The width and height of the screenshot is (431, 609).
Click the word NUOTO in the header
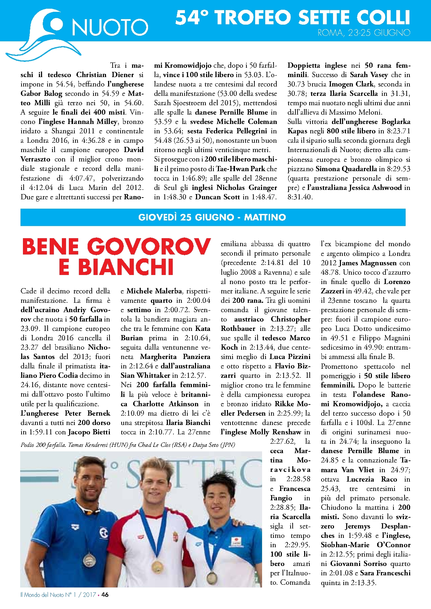pos(110,27)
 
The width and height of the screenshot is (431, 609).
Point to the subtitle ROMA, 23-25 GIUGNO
pos(364,33)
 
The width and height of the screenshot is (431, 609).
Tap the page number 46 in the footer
pos(105,594)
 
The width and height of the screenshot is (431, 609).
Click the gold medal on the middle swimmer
pos(158,566)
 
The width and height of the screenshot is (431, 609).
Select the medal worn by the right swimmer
pos(212,578)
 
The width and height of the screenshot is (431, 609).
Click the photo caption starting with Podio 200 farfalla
pos(128,445)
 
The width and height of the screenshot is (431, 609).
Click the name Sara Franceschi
pos(385,573)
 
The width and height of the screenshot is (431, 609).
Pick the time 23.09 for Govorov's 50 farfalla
pos(30,328)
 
